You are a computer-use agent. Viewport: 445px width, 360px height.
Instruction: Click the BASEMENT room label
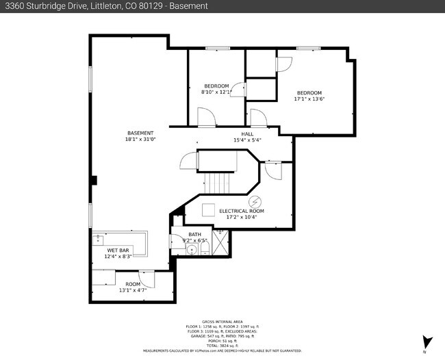pos(140,133)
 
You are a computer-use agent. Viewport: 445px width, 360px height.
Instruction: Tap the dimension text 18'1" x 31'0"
pos(140,140)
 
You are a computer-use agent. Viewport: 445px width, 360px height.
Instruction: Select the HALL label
pos(247,133)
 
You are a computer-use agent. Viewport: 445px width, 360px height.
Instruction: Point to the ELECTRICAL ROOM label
pos(241,211)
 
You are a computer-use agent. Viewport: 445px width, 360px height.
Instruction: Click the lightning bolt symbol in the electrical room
pos(255,201)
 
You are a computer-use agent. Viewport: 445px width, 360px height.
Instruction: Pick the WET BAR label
pos(117,250)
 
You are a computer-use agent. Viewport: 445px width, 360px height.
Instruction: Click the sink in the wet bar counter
pos(98,239)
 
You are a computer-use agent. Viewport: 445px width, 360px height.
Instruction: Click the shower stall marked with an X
pos(220,243)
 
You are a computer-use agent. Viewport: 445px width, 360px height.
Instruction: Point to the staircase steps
pos(219,183)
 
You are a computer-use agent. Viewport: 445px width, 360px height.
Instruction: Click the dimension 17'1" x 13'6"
pos(309,99)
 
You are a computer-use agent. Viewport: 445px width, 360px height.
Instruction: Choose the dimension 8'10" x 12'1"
pos(216,92)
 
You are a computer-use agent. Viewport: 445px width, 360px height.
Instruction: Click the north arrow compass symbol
pos(427,342)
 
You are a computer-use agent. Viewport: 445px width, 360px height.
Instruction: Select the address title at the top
pos(106,6)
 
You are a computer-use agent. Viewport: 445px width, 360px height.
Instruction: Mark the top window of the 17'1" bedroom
pos(308,48)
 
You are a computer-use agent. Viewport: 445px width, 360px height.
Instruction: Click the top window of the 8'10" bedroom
pos(217,48)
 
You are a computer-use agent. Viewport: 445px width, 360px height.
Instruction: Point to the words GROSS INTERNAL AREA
pos(222,322)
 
